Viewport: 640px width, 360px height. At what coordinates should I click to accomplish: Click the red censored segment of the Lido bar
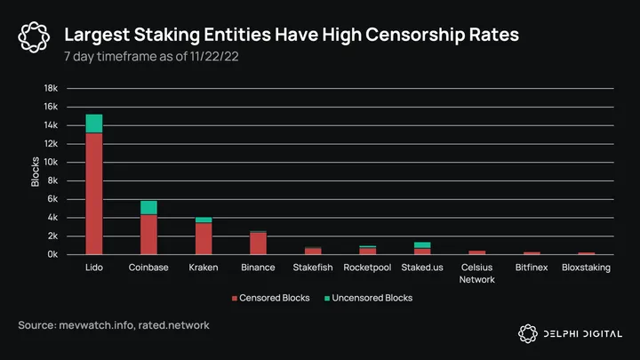[93, 194]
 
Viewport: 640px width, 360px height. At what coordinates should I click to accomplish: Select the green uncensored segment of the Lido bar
[93, 124]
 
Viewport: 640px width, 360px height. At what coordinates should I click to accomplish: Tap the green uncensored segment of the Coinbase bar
[148, 207]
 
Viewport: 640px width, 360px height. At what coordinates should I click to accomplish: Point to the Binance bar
[258, 244]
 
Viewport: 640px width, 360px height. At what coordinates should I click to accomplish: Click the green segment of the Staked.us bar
[422, 244]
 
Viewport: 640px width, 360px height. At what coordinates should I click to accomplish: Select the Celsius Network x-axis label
[477, 272]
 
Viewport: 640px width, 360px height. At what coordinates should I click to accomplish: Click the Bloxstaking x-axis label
[587, 267]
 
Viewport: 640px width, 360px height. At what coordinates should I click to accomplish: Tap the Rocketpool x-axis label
[367, 267]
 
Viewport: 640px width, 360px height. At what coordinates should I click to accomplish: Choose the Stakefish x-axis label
[313, 267]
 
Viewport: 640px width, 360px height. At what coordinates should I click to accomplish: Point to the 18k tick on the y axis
[51, 89]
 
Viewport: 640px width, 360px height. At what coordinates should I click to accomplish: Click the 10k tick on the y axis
[51, 163]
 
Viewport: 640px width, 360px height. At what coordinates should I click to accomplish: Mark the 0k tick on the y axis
[52, 254]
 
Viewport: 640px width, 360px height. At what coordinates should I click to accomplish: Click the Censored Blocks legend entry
[270, 298]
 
